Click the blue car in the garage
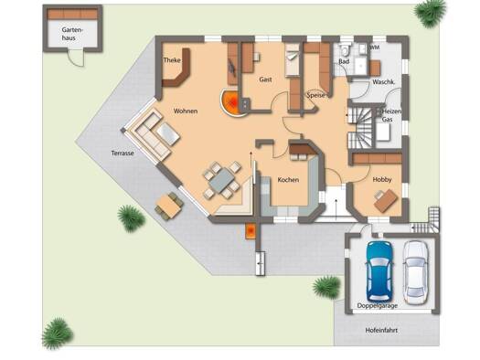coord(379,271)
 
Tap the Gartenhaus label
coord(72,34)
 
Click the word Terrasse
coord(123,153)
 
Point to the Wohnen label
coord(186,111)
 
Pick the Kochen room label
coord(288,180)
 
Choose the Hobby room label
coord(382,179)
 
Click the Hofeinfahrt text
coord(381,331)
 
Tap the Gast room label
coord(265,79)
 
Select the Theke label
coord(172,60)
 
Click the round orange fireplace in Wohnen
coord(229,102)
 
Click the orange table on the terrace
coord(168,206)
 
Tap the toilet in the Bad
coord(345,50)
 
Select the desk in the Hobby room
coord(386,200)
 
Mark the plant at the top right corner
coord(430,13)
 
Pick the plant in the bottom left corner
coord(58,334)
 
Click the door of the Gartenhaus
coord(76,58)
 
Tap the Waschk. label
coord(383,82)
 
